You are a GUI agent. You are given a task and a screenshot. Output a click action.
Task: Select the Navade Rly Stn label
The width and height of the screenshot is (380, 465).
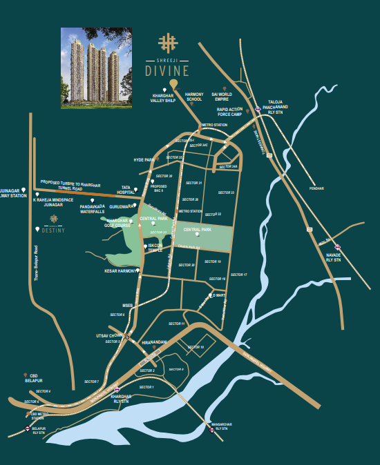(x=334, y=258)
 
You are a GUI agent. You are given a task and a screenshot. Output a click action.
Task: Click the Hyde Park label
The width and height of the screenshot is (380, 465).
(x=142, y=159)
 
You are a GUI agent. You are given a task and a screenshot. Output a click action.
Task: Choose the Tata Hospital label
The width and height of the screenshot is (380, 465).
(x=125, y=189)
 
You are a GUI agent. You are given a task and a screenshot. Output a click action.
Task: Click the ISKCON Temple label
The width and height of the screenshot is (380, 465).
(x=154, y=247)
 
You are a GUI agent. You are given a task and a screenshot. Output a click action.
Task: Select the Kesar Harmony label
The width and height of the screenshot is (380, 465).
(x=120, y=271)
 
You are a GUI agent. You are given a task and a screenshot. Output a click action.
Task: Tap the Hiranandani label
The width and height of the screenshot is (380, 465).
(x=155, y=342)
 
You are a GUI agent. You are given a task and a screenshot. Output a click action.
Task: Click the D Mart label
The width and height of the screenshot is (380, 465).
(x=219, y=295)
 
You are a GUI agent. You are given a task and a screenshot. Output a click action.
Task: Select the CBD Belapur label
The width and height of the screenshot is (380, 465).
(x=33, y=378)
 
